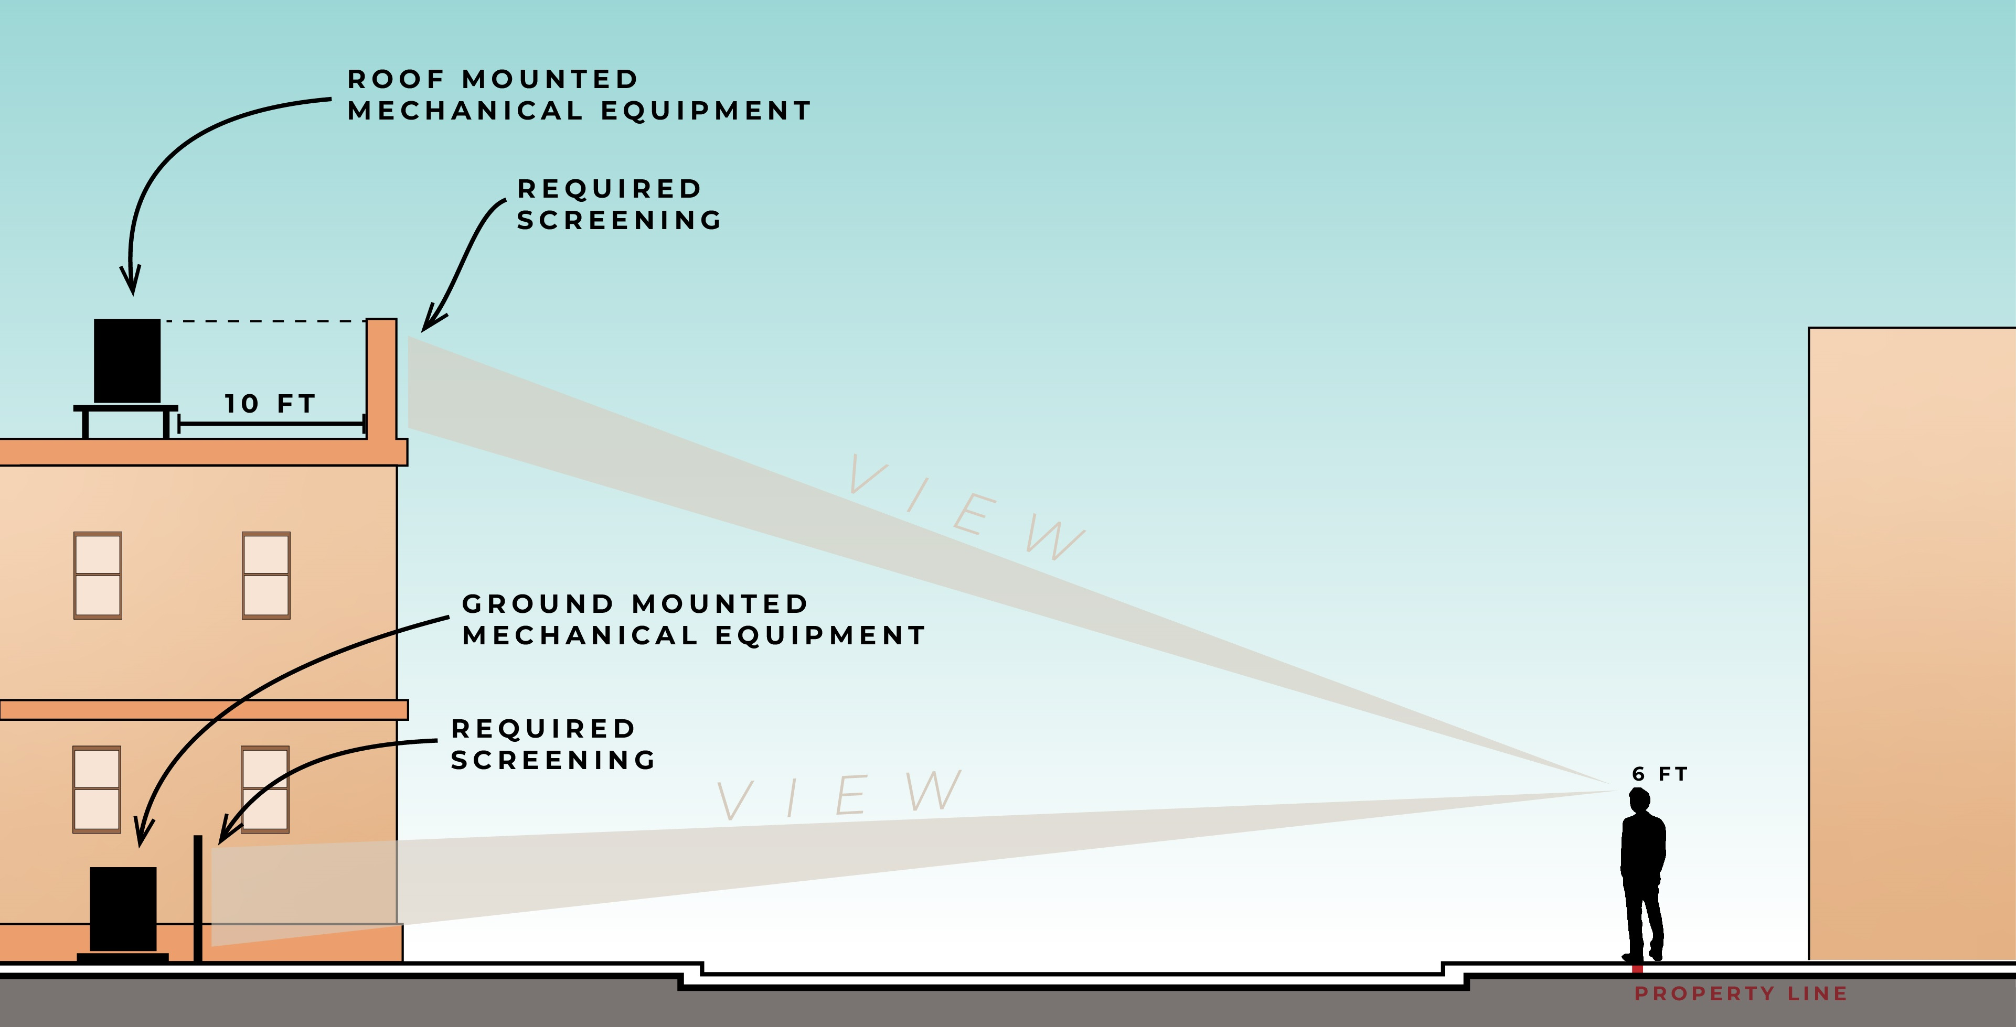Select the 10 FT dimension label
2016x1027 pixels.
(x=270, y=404)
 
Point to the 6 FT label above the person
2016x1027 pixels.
(x=1660, y=774)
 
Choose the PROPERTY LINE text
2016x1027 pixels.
(x=1741, y=993)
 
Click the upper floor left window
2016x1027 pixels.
(x=98, y=575)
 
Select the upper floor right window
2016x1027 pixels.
(x=266, y=575)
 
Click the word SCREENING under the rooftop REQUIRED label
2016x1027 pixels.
(x=619, y=221)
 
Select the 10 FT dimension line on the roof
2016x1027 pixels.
(x=272, y=424)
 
